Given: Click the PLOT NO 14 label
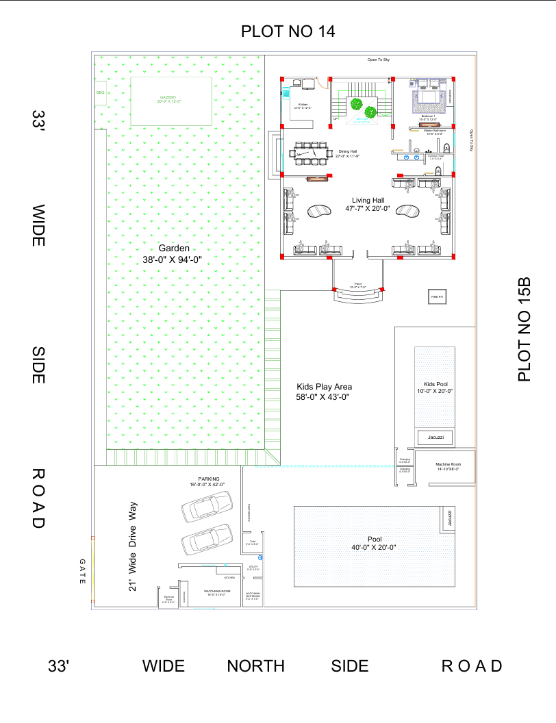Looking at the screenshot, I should pyautogui.click(x=288, y=31).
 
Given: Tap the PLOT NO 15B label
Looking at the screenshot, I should pyautogui.click(x=525, y=329).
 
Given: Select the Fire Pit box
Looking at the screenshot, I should pyautogui.click(x=437, y=296).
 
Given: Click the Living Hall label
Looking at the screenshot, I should pyautogui.click(x=368, y=204).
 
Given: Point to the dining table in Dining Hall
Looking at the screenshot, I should pyautogui.click(x=310, y=153).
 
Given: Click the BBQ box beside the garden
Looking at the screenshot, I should pyautogui.click(x=100, y=92).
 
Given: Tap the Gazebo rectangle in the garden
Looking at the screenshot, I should pyautogui.click(x=170, y=101).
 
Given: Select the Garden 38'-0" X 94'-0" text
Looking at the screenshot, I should pyautogui.click(x=176, y=254).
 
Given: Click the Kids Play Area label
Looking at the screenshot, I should pyautogui.click(x=324, y=392).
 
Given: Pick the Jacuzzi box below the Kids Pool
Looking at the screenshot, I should pyautogui.click(x=435, y=437).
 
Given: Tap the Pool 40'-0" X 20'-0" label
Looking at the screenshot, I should pyautogui.click(x=373, y=543).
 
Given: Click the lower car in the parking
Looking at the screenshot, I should pyautogui.click(x=206, y=540).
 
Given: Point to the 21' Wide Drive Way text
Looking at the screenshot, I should pyautogui.click(x=134, y=546).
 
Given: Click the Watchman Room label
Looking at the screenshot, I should pyautogui.click(x=217, y=593).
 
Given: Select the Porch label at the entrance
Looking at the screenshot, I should pyautogui.click(x=359, y=285).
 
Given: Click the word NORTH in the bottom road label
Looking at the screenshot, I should pyautogui.click(x=255, y=666).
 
